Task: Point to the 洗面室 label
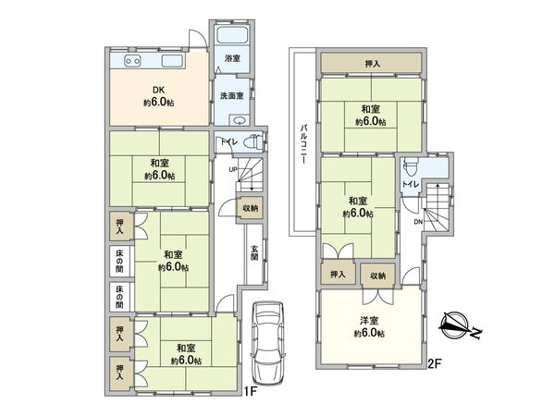click(x=231, y=95)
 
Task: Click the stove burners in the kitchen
click(x=129, y=62)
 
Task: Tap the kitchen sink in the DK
click(x=173, y=62)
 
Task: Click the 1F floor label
click(x=248, y=391)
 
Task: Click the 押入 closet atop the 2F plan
click(x=372, y=63)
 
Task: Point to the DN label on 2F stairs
click(x=418, y=223)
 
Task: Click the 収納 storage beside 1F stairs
click(x=251, y=208)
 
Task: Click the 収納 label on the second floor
click(x=378, y=275)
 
